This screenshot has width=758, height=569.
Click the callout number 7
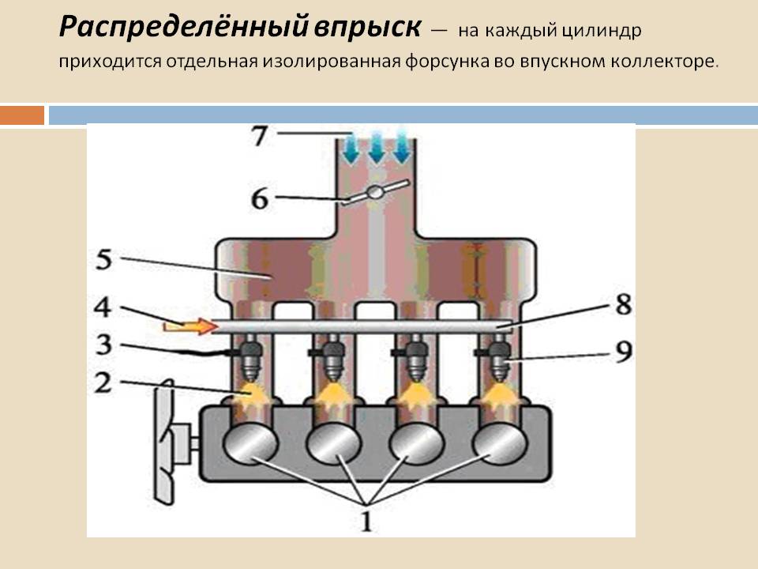point(260,136)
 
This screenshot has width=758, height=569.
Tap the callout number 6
point(260,198)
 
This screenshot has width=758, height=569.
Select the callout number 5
point(104,259)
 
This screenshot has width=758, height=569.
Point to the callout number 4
point(103,307)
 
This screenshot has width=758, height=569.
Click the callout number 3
point(104,345)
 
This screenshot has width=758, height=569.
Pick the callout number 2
point(103,382)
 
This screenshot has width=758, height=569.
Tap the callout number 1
point(366,521)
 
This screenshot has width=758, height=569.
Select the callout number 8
point(623,304)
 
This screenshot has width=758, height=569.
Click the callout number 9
point(623,351)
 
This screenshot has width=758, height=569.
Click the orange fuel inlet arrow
point(189,326)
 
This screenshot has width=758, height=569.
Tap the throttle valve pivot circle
point(375,192)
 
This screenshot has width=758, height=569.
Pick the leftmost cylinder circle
point(250,443)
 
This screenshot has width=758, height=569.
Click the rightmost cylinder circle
point(500,443)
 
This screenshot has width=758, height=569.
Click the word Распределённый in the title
point(183,27)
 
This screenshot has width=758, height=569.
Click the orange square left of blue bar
point(22,115)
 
